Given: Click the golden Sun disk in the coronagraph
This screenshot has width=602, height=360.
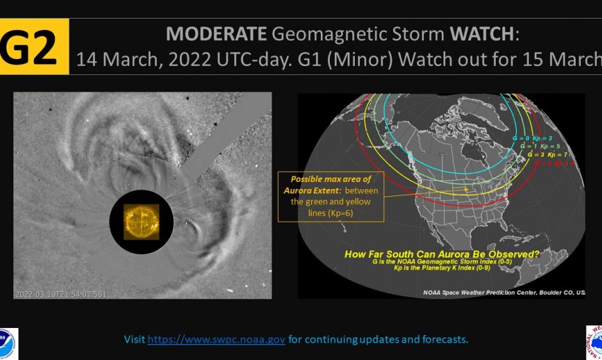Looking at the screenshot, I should tap(142, 222).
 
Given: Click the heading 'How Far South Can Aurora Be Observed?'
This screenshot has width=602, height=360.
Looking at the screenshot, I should tap(442, 254).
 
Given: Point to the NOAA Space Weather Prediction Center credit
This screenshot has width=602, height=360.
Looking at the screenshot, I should tap(503, 291).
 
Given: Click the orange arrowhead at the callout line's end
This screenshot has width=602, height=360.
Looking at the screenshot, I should tap(468, 189).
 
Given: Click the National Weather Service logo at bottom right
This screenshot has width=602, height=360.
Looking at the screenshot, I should tap(594, 343).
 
